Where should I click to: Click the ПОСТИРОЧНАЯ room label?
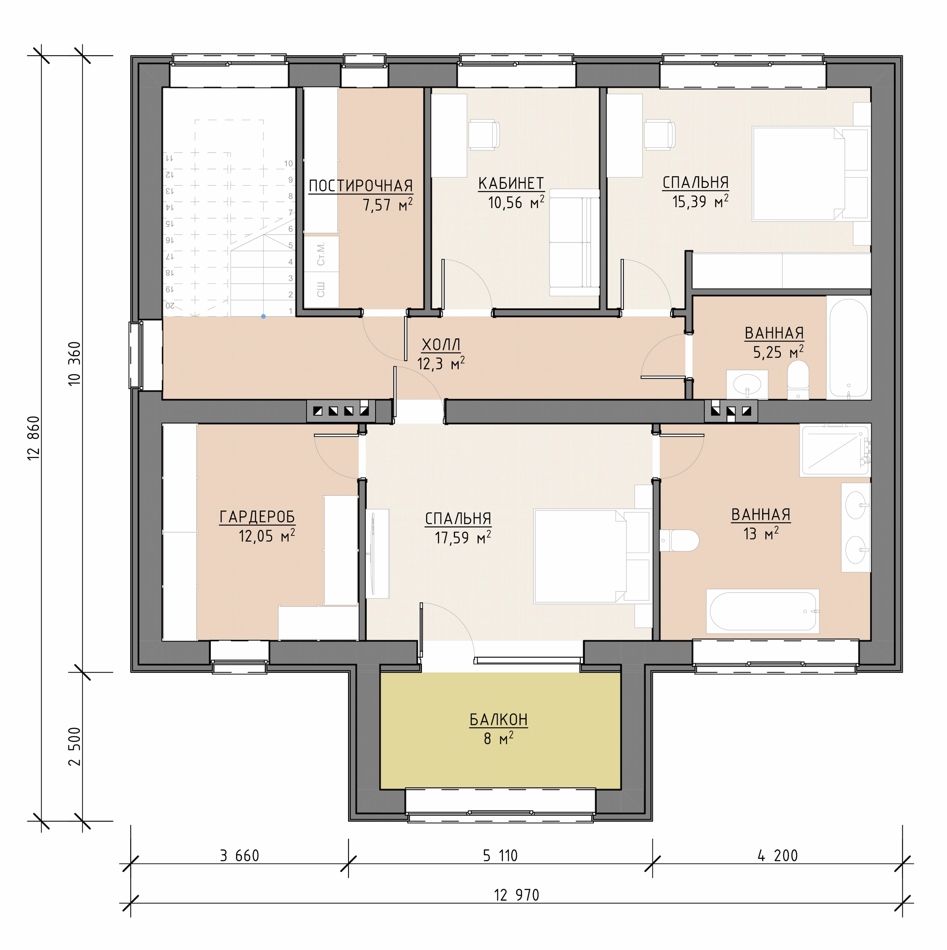click(360, 186)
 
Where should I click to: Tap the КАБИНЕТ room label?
click(511, 183)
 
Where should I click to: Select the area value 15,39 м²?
click(700, 201)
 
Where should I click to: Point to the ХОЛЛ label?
click(441, 345)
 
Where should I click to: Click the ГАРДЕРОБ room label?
click(257, 517)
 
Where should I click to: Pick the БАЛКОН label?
click(499, 720)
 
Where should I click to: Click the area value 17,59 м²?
click(463, 537)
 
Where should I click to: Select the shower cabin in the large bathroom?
click(835, 450)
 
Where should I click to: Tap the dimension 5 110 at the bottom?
click(500, 856)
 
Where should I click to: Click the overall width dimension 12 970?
click(516, 895)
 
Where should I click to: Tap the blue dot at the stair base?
click(263, 317)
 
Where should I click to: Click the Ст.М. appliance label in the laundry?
click(321, 254)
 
